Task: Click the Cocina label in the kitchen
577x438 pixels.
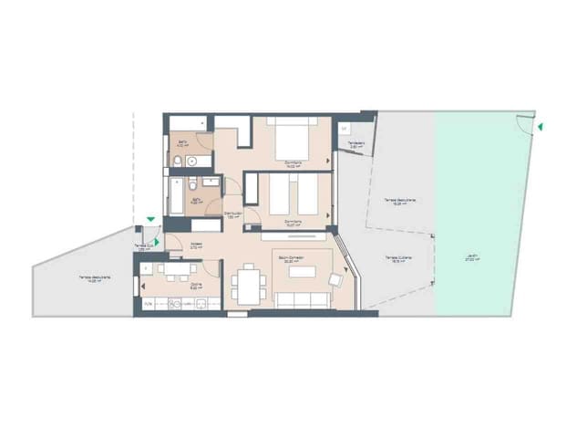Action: pyautogui.click(x=196, y=284)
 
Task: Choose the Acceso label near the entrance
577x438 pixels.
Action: pyautogui.click(x=196, y=244)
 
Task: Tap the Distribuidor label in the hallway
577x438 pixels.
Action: pyautogui.click(x=233, y=214)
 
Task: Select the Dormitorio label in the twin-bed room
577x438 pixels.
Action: pyautogui.click(x=293, y=220)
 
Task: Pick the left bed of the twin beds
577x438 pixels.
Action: pyautogui.click(x=280, y=194)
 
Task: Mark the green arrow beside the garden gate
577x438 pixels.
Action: pyautogui.click(x=540, y=127)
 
